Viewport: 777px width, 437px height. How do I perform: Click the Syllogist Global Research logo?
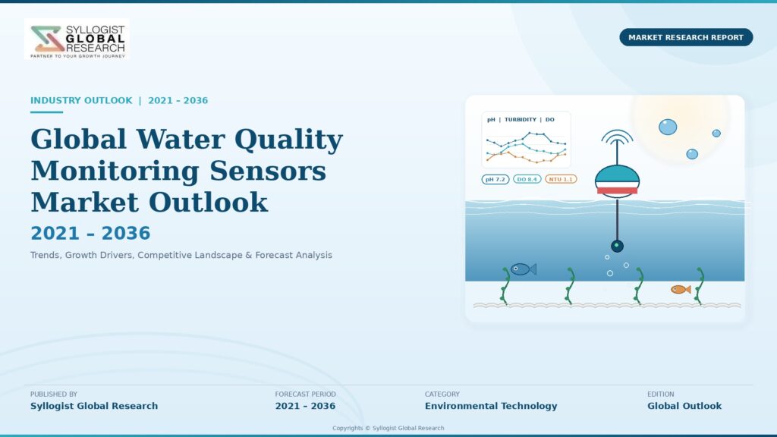[x=77, y=39]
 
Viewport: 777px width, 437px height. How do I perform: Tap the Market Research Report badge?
[x=686, y=37]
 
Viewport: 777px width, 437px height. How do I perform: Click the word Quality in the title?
[x=288, y=140]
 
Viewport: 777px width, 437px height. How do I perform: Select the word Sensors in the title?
[x=268, y=171]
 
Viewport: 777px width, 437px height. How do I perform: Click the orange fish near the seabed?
[x=681, y=289]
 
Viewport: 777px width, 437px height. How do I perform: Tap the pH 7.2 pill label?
[x=495, y=179]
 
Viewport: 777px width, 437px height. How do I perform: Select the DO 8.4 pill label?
[x=527, y=179]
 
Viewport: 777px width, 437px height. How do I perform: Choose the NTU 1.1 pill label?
[x=561, y=179]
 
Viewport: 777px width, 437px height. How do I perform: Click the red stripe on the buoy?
[x=617, y=190]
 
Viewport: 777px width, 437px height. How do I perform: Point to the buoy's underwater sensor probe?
[x=617, y=246]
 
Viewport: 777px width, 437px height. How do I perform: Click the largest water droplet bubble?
[x=668, y=127]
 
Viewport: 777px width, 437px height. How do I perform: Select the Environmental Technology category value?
[x=491, y=406]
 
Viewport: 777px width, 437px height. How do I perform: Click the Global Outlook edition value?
[x=684, y=406]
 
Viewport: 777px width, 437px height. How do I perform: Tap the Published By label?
[x=54, y=395]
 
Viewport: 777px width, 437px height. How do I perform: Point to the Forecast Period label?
[x=305, y=395]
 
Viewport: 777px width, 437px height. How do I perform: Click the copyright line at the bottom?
[x=388, y=428]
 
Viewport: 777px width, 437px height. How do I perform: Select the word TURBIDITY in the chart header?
[x=521, y=119]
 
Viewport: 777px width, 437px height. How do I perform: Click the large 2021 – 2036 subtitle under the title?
[x=90, y=233]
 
